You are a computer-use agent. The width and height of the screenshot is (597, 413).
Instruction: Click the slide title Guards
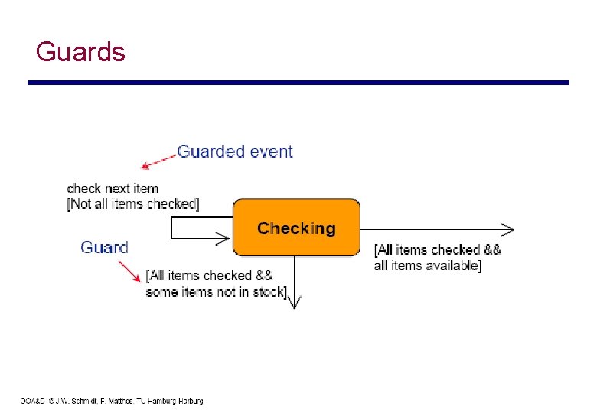[x=80, y=52]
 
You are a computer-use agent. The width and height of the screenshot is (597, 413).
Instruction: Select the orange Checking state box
[x=295, y=227]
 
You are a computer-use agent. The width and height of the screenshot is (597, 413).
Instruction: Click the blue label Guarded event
[x=234, y=151]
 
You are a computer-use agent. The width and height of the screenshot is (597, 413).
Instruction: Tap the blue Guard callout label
[x=104, y=247]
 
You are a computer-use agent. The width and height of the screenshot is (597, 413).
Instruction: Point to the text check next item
[x=113, y=188]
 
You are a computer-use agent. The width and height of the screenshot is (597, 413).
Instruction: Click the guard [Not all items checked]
[x=133, y=203]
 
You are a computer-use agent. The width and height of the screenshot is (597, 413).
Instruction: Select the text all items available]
[x=427, y=265]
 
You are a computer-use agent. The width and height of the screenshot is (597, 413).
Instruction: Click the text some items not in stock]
[x=217, y=291]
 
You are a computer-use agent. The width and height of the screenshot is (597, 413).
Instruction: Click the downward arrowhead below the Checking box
[x=295, y=301]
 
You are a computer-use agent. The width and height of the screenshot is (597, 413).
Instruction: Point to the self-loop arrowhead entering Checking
[x=223, y=239]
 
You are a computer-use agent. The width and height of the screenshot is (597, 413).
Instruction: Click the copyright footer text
[x=112, y=401]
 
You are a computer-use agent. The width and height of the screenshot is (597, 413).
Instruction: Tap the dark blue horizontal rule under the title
[x=298, y=83]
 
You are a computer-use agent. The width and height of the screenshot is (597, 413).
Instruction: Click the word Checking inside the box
[x=296, y=228]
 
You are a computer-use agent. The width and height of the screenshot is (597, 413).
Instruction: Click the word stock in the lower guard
[x=268, y=291]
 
